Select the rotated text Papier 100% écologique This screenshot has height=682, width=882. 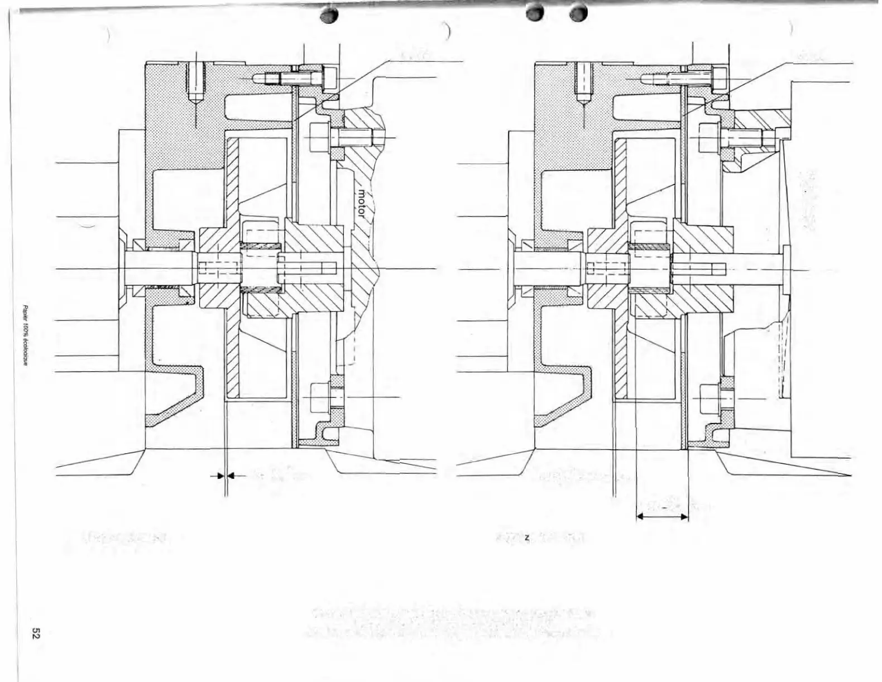26,335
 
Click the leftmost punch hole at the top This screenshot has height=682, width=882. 330,16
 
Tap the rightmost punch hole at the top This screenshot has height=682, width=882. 579,14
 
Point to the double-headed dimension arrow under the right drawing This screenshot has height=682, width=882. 662,517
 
